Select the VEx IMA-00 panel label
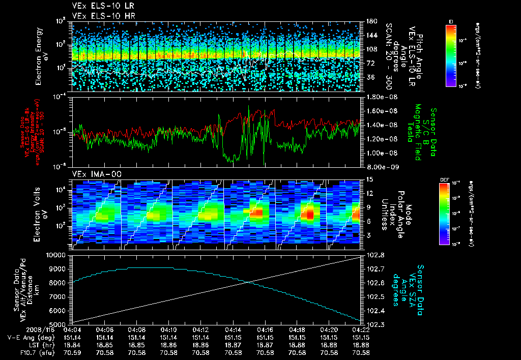point(90,174)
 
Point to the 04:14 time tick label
point(233,329)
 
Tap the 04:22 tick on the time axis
point(361,329)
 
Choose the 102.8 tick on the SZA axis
point(377,255)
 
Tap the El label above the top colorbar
point(451,21)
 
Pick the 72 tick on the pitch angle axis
point(369,64)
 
